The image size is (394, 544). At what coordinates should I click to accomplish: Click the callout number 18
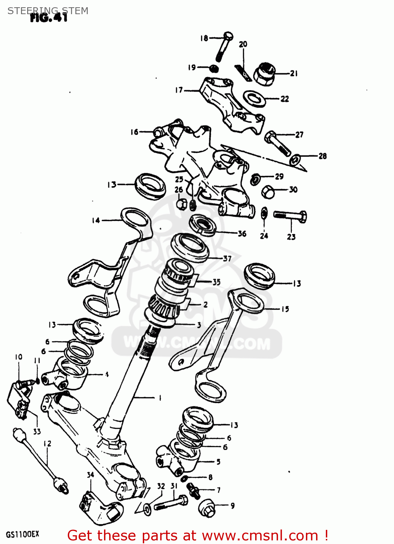click(x=204, y=38)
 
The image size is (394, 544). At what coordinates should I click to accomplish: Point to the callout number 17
click(x=179, y=90)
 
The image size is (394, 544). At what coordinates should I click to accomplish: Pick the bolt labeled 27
click(x=277, y=143)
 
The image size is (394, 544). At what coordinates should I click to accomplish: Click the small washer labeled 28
click(x=296, y=159)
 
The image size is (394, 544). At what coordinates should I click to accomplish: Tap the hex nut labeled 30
click(x=268, y=191)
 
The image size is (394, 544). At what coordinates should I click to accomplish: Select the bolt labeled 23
click(x=290, y=217)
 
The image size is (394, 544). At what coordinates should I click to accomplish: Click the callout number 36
click(x=242, y=234)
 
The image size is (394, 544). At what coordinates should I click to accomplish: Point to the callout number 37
click(x=227, y=259)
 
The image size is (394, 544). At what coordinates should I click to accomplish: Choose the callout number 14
click(x=96, y=220)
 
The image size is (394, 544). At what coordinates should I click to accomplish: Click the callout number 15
click(x=285, y=309)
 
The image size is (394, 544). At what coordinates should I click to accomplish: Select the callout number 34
click(x=90, y=475)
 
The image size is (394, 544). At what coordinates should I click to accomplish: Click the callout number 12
click(x=47, y=444)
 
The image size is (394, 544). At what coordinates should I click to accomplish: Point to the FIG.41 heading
click(x=49, y=18)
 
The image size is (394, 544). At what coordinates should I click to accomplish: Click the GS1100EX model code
click(x=22, y=534)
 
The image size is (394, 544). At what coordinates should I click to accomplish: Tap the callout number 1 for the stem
click(x=160, y=398)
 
